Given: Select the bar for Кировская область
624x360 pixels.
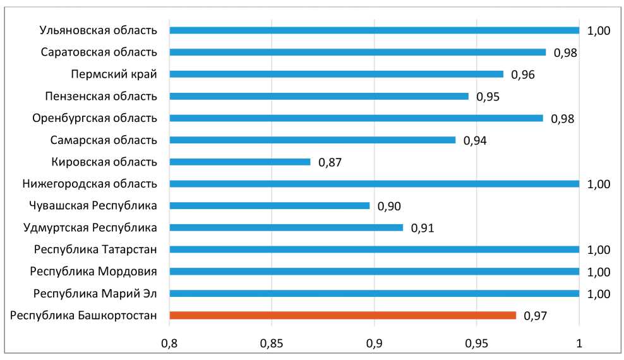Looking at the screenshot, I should [240, 162].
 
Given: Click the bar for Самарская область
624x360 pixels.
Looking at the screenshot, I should [313, 140].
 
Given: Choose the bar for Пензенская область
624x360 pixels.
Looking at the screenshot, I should [319, 96].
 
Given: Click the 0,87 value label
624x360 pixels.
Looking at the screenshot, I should [330, 162].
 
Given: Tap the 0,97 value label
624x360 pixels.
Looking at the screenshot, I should [536, 316].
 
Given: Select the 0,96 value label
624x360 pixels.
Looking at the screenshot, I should [522, 75].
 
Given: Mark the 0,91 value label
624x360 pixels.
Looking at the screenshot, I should [423, 228].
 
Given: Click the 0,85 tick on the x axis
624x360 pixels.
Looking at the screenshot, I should [272, 344].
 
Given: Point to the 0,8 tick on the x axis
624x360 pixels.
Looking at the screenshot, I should [169, 344].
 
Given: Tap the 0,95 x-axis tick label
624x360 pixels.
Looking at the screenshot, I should [477, 344].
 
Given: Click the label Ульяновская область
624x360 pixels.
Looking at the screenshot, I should [98, 30].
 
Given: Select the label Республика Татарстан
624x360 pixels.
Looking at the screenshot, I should [95, 249].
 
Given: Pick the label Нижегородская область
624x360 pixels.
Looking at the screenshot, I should [89, 184].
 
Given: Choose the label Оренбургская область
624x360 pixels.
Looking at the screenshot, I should [94, 118].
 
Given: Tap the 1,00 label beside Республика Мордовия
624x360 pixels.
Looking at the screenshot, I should [599, 272].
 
